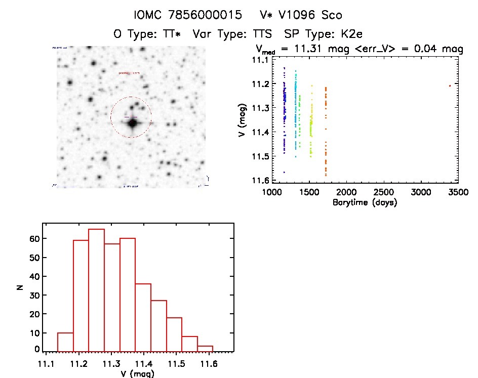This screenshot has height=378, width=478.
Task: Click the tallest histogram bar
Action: (96, 289)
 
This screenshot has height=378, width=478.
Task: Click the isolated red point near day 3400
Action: (450, 86)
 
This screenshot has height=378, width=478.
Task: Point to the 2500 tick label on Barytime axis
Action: (383, 192)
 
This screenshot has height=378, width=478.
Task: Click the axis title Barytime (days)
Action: (365, 202)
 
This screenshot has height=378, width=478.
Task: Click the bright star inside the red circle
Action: (133, 122)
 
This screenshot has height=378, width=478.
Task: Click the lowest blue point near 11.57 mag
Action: (284, 173)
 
